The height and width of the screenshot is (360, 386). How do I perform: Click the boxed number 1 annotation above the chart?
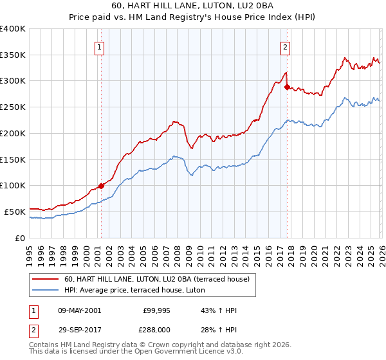(x=101, y=46)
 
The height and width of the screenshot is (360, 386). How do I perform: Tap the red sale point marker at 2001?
(x=101, y=186)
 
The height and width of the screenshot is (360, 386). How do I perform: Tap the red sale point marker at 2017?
(x=287, y=87)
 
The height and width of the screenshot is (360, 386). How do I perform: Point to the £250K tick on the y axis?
(x=14, y=107)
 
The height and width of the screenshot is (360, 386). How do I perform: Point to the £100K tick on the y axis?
(x=14, y=186)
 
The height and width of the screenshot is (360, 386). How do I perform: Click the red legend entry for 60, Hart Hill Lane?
(x=161, y=279)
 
